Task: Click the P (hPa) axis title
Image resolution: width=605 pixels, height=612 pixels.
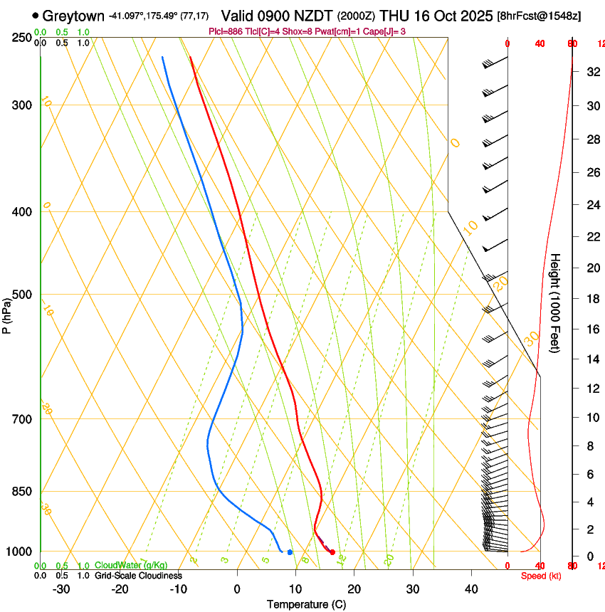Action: click(x=6, y=312)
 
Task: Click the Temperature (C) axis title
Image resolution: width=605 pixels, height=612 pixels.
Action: click(x=306, y=604)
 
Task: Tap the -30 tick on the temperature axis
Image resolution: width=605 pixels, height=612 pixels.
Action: click(x=61, y=589)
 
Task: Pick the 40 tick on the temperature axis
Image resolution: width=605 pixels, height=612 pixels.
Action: click(x=470, y=589)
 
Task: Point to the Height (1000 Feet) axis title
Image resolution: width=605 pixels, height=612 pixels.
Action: click(x=555, y=310)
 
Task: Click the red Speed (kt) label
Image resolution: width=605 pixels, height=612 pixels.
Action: click(x=541, y=576)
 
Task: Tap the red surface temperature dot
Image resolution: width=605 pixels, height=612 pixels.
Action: click(x=332, y=552)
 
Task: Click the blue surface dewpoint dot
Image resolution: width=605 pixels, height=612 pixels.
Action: click(x=290, y=552)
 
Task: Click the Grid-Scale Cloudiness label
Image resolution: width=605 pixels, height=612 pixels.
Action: click(x=138, y=575)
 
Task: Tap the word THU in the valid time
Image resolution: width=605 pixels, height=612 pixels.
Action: click(x=394, y=16)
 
